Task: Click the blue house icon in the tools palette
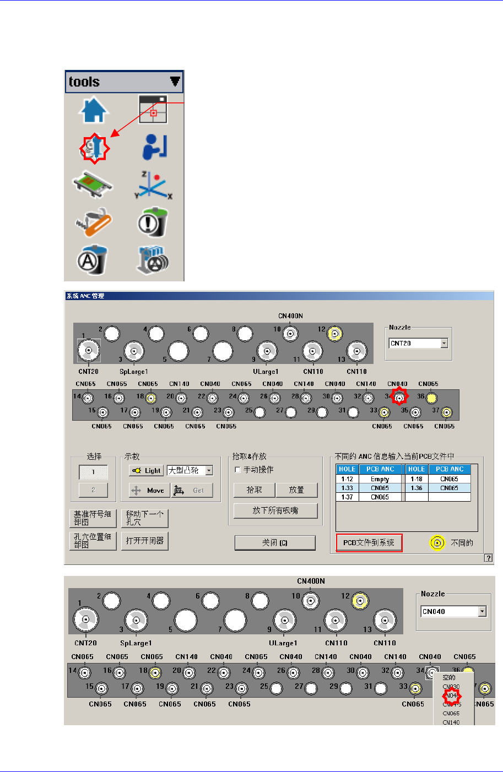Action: pyautogui.click(x=94, y=110)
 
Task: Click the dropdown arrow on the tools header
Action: pyautogui.click(x=175, y=81)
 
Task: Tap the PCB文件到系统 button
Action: pyautogui.click(x=369, y=542)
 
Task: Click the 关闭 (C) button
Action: pyautogui.click(x=275, y=542)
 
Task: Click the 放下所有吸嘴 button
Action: pyautogui.click(x=275, y=510)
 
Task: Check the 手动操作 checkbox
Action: pyautogui.click(x=237, y=470)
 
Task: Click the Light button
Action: pyautogui.click(x=146, y=471)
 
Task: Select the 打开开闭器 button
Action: pyautogui.click(x=145, y=541)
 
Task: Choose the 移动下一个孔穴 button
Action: pyautogui.click(x=145, y=518)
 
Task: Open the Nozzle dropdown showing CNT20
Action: pyautogui.click(x=444, y=343)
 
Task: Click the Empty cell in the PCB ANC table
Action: pyautogui.click(x=380, y=479)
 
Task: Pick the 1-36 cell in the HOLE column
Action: pyautogui.click(x=416, y=488)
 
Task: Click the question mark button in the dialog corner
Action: pyautogui.click(x=488, y=558)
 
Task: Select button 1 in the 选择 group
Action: pyautogui.click(x=93, y=472)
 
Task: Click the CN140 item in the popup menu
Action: pyautogui.click(x=451, y=722)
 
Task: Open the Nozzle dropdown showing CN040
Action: pyautogui.click(x=482, y=611)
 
